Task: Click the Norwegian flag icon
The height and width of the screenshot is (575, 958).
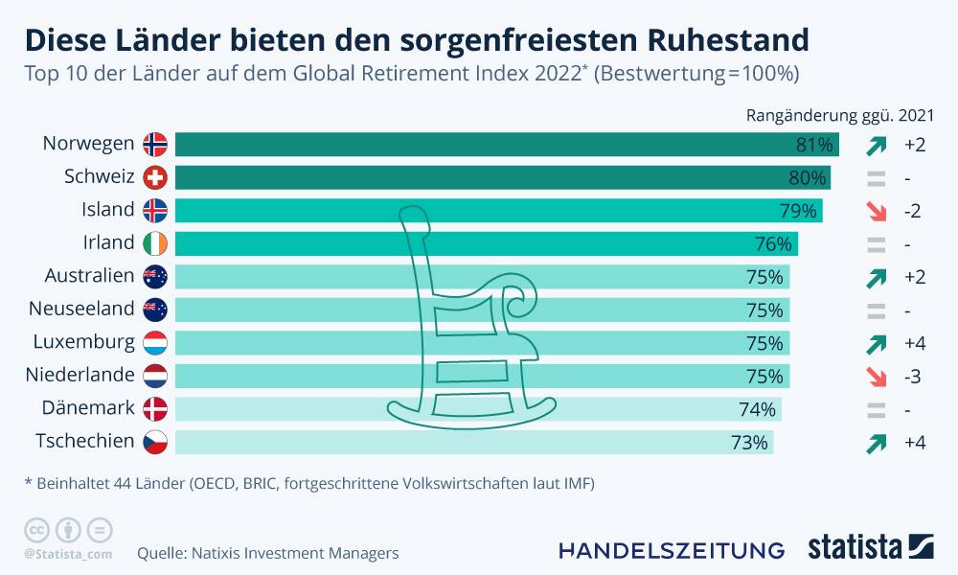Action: pyautogui.click(x=154, y=145)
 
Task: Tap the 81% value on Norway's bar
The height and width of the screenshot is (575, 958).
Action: pyautogui.click(x=814, y=145)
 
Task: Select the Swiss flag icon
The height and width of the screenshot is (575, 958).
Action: pyautogui.click(x=154, y=177)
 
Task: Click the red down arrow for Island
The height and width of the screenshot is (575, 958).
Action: pyautogui.click(x=874, y=211)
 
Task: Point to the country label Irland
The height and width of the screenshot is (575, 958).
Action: pyautogui.click(x=107, y=243)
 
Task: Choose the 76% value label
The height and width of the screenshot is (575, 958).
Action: pyautogui.click(x=773, y=243)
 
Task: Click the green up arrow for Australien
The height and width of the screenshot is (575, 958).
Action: pyautogui.click(x=874, y=277)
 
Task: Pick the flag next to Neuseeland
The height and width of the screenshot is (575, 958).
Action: pyautogui.click(x=154, y=310)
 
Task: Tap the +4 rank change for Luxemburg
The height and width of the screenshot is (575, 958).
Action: pyautogui.click(x=913, y=343)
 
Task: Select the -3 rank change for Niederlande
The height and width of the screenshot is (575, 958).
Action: pyautogui.click(x=911, y=376)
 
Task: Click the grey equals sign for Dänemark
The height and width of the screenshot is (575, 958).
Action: pyautogui.click(x=874, y=409)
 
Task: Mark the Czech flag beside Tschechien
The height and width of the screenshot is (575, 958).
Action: pyautogui.click(x=154, y=442)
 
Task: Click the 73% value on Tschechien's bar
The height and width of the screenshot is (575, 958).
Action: pyautogui.click(x=749, y=442)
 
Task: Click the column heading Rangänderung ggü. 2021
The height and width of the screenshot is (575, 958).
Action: pyautogui.click(x=839, y=115)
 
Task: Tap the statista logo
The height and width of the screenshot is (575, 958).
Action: pyautogui.click(x=870, y=547)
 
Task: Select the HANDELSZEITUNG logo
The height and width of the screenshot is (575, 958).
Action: pyautogui.click(x=671, y=550)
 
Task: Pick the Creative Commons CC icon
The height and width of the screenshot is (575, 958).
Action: pyautogui.click(x=36, y=529)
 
